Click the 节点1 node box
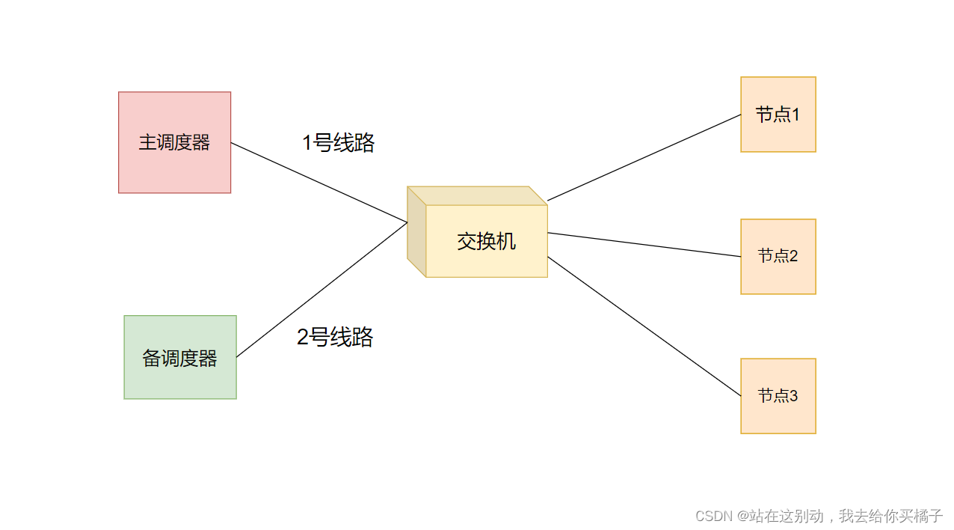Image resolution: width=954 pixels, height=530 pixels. click(x=778, y=135)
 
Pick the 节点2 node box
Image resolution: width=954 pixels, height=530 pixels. click(x=778, y=277)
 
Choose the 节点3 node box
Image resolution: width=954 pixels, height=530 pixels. click(x=778, y=415)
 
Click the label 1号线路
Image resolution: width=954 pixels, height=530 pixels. click(x=338, y=143)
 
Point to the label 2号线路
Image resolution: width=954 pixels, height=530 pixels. click(x=335, y=338)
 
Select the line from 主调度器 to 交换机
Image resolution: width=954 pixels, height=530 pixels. click(x=319, y=182)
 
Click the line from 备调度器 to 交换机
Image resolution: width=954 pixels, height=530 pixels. click(x=321, y=290)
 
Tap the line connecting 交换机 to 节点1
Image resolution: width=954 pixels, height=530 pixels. click(x=644, y=158)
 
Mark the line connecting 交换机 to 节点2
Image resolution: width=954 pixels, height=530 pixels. click(x=644, y=245)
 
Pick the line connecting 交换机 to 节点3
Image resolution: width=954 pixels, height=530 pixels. click(x=644, y=326)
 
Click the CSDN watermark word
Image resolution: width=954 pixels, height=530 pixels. click(x=713, y=517)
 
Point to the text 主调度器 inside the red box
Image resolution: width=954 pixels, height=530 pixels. click(x=174, y=142)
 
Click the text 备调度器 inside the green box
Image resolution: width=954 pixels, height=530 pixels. click(x=179, y=359)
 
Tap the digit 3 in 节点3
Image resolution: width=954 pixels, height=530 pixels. click(x=793, y=395)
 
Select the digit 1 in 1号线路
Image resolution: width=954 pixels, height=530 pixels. click(x=307, y=143)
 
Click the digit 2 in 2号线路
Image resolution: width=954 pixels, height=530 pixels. click(x=303, y=338)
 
